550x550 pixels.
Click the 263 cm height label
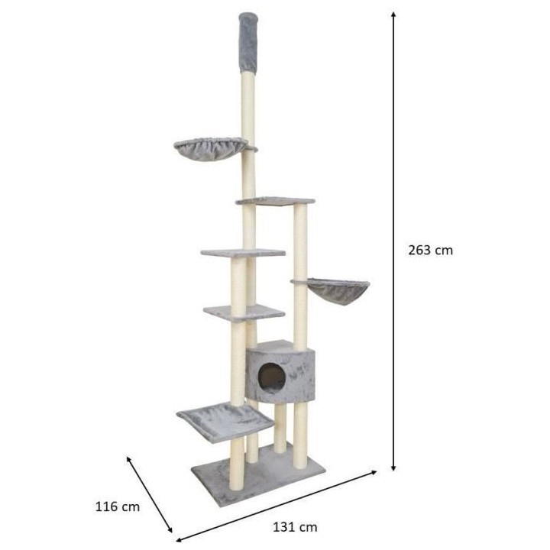[430, 250]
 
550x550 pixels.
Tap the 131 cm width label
[295, 526]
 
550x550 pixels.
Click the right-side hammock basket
[337, 290]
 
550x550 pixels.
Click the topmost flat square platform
[275, 201]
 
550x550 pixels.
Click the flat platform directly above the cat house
[243, 311]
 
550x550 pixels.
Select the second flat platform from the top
[242, 251]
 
